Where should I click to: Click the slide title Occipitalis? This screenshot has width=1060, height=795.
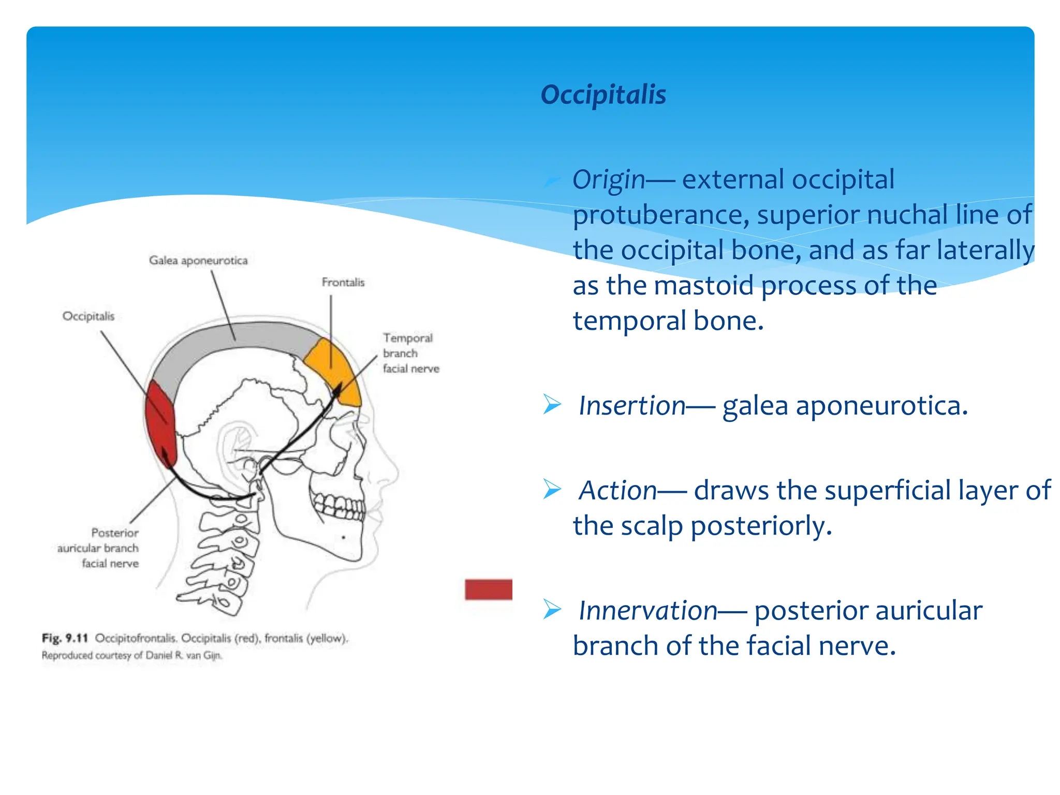603,95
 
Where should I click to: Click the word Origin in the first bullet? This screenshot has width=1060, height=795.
609,180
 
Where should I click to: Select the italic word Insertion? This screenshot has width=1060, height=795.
632,405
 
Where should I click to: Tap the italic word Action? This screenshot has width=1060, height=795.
617,490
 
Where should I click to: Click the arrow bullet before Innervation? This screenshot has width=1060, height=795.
552,609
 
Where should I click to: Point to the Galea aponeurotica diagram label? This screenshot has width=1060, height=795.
198,260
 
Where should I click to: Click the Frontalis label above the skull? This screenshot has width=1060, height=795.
343,283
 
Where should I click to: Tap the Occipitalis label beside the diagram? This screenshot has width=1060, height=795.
89,316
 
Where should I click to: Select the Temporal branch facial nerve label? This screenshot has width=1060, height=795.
410,353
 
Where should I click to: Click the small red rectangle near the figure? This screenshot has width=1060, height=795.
488,590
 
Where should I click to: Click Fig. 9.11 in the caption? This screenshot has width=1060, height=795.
65,638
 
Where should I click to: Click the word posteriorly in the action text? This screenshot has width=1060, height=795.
761,526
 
